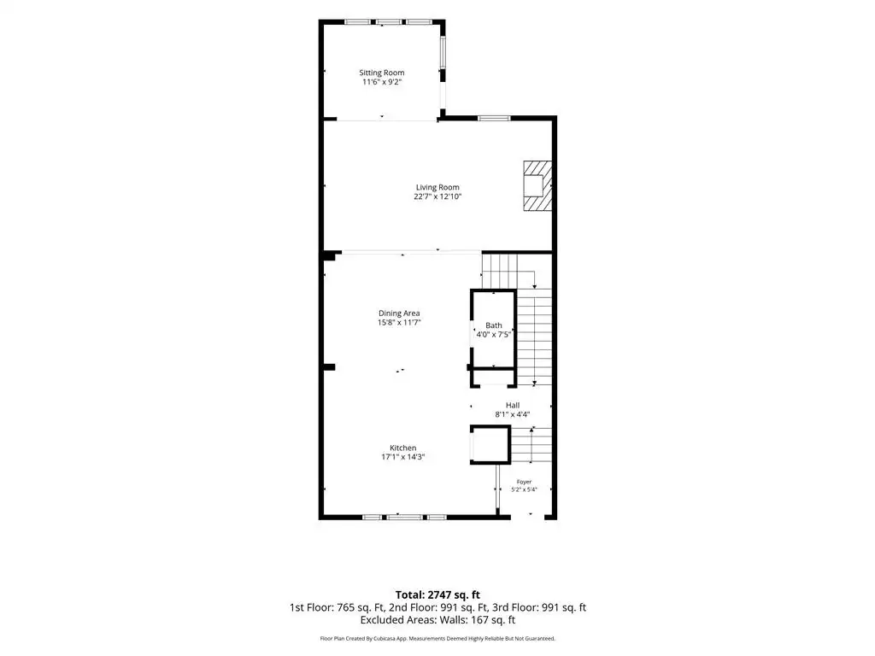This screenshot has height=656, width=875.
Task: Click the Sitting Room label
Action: click(x=382, y=73)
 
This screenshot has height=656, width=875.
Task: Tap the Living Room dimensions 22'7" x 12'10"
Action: click(x=437, y=196)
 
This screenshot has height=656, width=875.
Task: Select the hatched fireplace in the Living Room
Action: click(x=537, y=185)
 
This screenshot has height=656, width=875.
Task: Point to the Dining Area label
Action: click(x=399, y=313)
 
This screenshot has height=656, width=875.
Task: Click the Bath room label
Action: click(x=493, y=325)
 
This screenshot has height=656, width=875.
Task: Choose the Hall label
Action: click(x=513, y=406)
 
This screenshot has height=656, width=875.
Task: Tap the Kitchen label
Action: click(x=403, y=448)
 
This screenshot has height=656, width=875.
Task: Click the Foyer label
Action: click(x=524, y=482)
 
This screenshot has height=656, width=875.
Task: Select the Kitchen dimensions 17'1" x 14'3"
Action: click(x=403, y=457)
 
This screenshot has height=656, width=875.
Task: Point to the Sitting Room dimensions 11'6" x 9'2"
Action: click(x=382, y=82)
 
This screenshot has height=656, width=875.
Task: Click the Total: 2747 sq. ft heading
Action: click(x=437, y=594)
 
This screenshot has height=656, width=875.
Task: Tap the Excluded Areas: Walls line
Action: click(x=437, y=620)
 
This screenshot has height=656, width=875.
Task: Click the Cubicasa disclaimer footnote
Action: click(x=437, y=638)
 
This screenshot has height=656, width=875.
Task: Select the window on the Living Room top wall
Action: click(x=494, y=118)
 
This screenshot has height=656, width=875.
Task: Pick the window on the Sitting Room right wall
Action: click(x=443, y=53)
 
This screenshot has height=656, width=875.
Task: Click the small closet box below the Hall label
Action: click(x=490, y=444)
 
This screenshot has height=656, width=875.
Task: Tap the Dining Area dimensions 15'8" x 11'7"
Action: click(x=399, y=322)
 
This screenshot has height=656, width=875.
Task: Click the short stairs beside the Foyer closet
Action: click(x=531, y=444)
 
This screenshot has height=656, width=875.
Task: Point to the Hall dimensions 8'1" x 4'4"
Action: click(x=513, y=414)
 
